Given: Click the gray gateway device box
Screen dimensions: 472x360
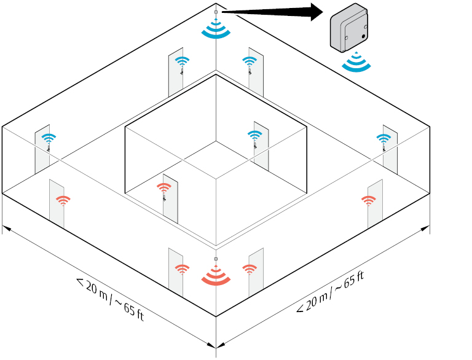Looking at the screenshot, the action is [x=349, y=28].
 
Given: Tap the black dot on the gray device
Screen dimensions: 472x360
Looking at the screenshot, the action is [x=363, y=36].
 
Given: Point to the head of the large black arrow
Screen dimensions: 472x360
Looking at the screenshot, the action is [x=317, y=12].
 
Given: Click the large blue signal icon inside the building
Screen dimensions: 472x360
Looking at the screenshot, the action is [x=216, y=29].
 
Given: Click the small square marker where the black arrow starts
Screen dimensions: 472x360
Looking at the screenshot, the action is [x=216, y=12].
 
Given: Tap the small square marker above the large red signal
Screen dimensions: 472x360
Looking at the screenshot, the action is [x=216, y=259].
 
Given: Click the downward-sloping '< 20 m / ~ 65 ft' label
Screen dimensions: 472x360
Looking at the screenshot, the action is [x=110, y=299].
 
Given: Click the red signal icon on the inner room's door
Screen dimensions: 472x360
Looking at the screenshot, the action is [x=164, y=188].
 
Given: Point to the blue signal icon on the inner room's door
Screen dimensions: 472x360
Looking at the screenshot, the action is [x=254, y=135].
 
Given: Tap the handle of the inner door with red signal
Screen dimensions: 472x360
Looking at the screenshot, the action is [x=164, y=198].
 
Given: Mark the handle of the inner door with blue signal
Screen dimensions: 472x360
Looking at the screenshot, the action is [x=255, y=146].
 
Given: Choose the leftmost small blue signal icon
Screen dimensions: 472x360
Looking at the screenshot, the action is [x=49, y=138].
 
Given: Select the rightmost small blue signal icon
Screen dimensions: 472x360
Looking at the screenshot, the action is [x=383, y=139].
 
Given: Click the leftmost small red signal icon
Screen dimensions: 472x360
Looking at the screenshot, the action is [x=63, y=201].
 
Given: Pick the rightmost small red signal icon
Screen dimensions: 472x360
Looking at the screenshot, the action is [x=369, y=201].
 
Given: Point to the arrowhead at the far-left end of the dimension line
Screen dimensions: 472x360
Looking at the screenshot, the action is [x=7, y=229].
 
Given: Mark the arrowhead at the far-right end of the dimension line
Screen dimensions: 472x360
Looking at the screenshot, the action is [x=425, y=229].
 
